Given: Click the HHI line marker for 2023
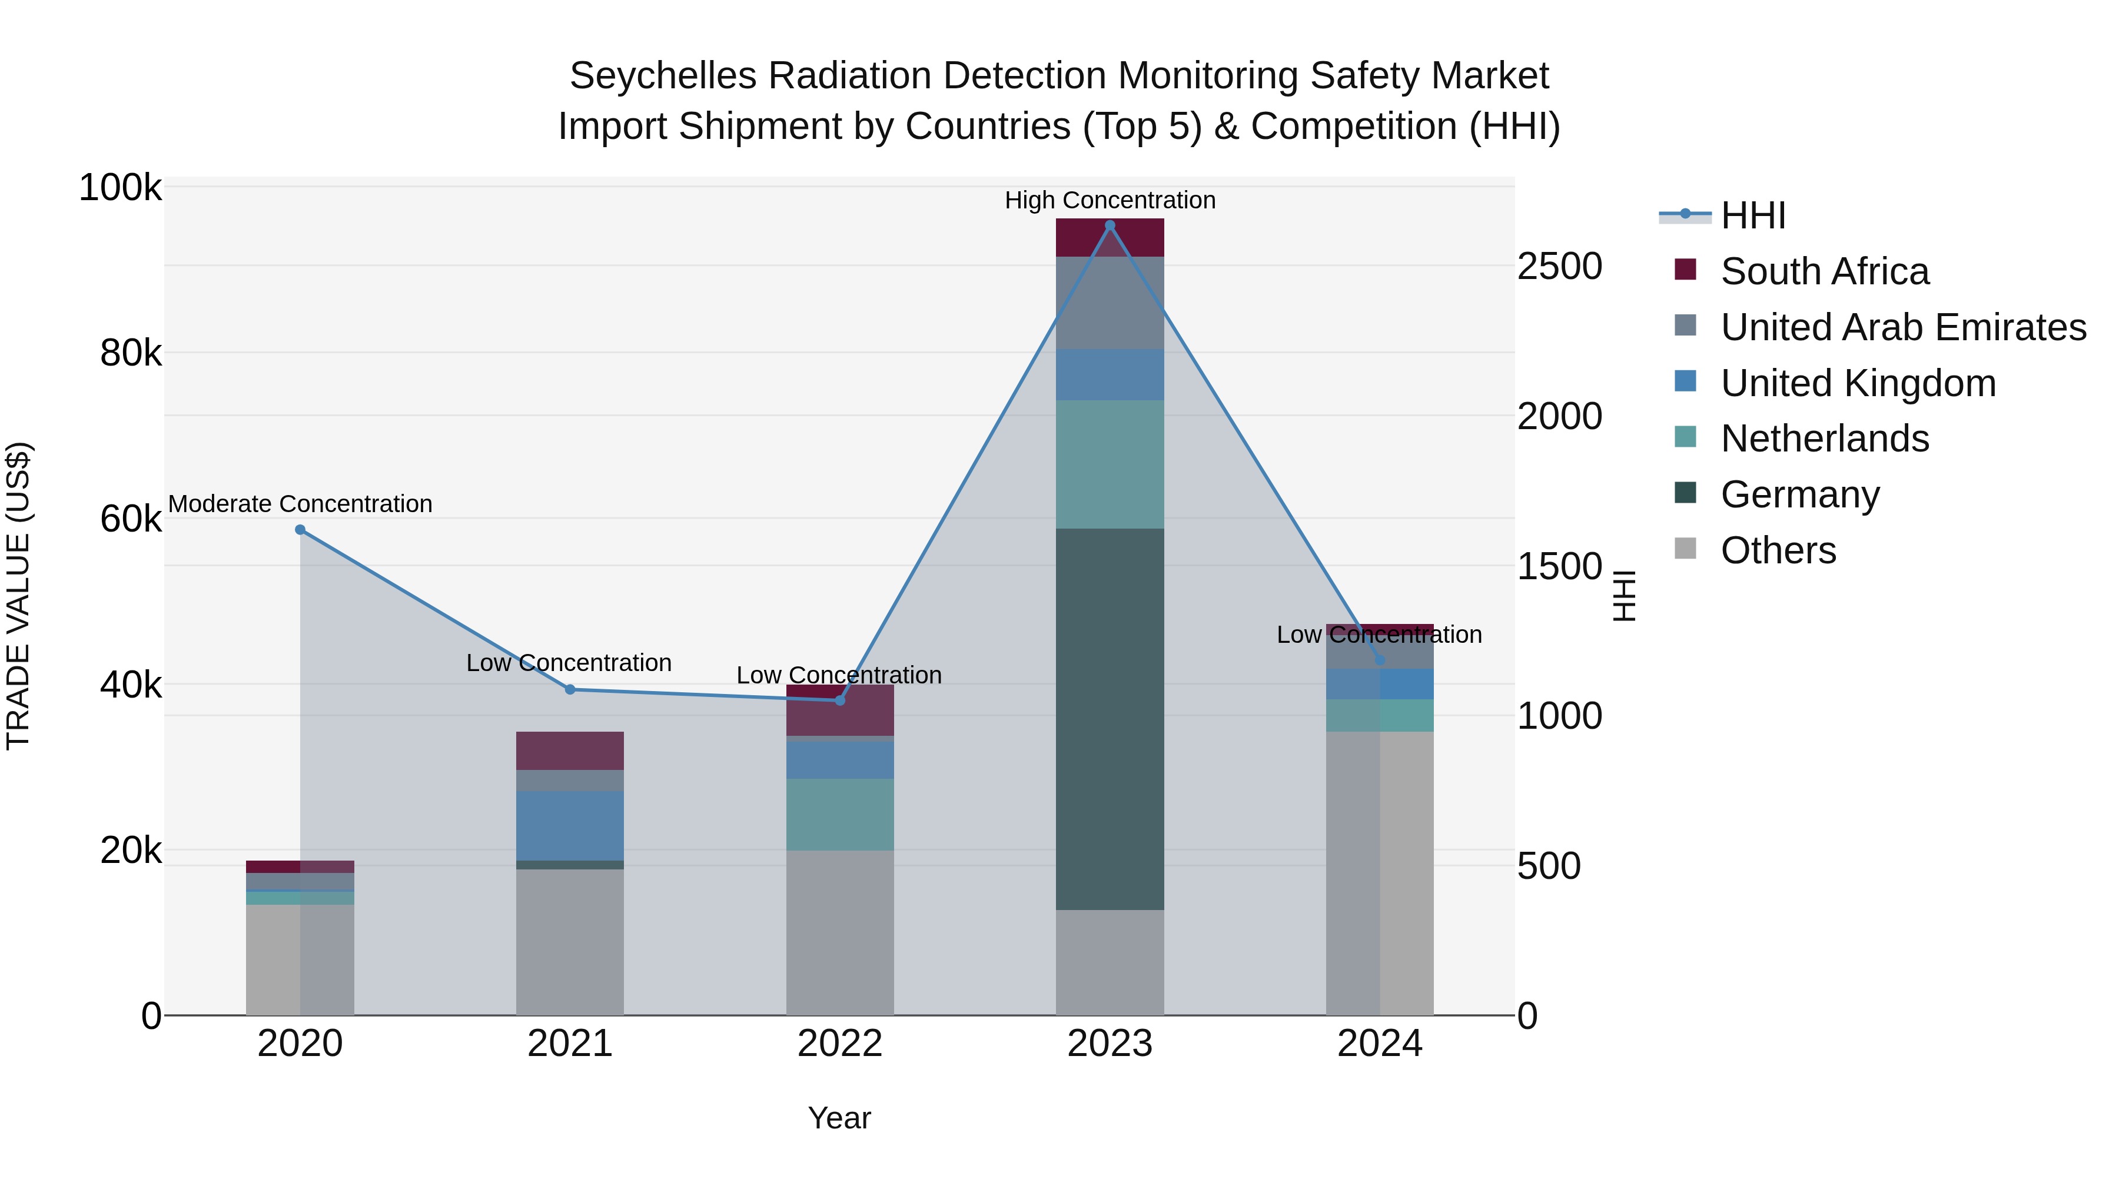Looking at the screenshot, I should (1110, 225).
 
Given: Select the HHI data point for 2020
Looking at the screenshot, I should (300, 530).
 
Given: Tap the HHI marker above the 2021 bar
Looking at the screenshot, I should (570, 689).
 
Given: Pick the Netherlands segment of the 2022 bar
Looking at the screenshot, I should (840, 815).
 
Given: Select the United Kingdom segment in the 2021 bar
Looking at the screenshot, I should (570, 826).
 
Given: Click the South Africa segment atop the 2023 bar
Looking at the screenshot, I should (1110, 238).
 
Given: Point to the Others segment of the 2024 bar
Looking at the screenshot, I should (1380, 873).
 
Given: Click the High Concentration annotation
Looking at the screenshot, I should (1110, 200).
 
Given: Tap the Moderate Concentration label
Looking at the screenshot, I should (300, 503).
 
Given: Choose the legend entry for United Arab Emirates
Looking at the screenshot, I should (1902, 327).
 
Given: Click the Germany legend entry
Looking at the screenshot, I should (1800, 494).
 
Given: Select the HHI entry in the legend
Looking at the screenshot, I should (1752, 215).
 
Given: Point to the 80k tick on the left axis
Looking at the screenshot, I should (131, 354).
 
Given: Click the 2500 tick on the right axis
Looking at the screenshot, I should (1559, 267).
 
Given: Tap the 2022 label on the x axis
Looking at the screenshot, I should (840, 1044).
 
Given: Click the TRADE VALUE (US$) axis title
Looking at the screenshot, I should (18, 596).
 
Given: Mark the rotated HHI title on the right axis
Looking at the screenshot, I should (1624, 596).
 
